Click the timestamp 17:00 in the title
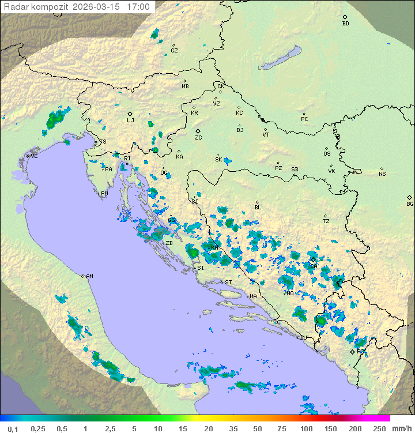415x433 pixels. pos(138,7)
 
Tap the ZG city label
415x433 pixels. pos(198,138)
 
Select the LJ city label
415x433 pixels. pos(130,121)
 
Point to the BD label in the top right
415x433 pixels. pos(345,24)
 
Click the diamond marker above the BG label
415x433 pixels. pos(410,197)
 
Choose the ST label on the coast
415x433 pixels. pos(228,283)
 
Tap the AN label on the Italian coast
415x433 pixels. pos(89,276)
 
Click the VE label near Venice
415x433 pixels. pos(34,156)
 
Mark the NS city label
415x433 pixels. pos(382,174)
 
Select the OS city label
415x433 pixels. pos(327,154)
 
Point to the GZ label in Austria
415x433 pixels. pos(174,51)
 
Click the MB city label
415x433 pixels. pos(185,86)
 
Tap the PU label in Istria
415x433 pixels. pos(104,194)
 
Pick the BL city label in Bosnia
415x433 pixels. pos(258,208)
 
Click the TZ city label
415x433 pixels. pos(326,221)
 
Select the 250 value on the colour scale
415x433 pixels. pos(379,428)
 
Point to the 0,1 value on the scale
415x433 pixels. pos(13,428)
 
